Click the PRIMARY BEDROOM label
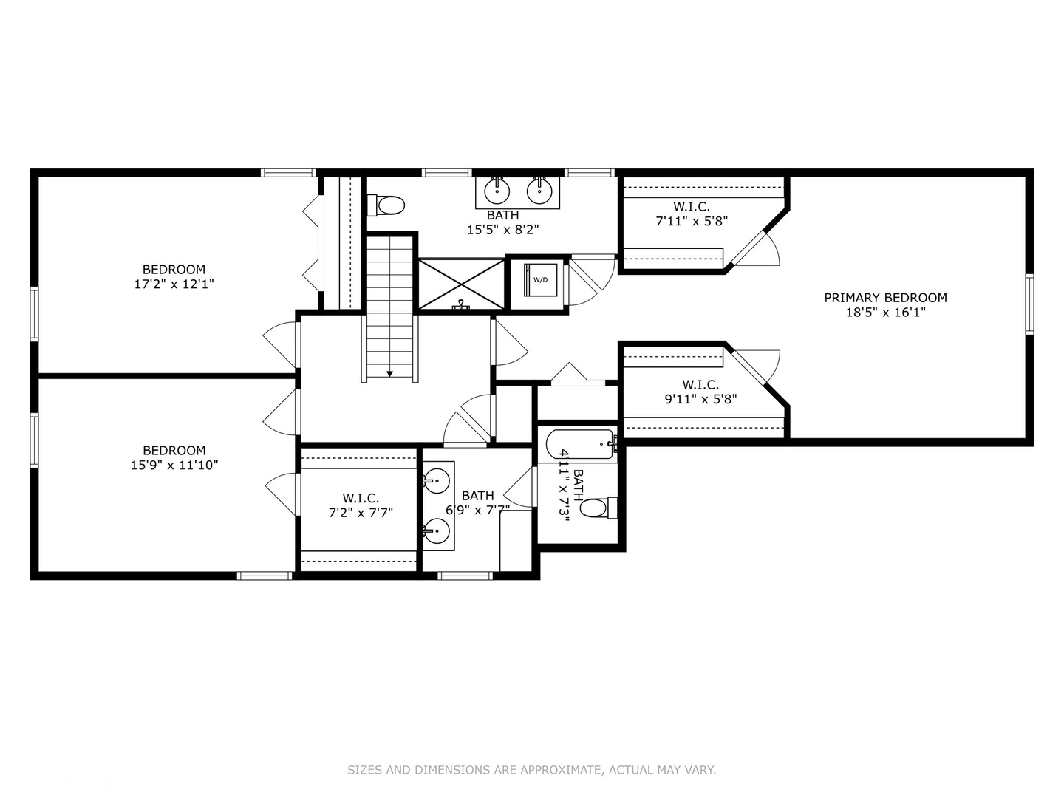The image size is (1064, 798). click(885, 298)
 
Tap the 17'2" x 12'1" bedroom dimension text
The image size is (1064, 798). click(174, 284)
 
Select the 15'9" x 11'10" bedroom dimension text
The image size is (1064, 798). click(174, 465)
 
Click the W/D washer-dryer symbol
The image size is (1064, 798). click(541, 279)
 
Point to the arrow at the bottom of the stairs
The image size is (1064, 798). click(389, 374)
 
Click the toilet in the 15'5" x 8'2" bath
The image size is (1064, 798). click(387, 205)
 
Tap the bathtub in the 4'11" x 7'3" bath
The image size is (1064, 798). click(580, 445)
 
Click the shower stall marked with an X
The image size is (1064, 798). click(462, 284)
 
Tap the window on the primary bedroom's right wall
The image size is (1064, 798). click(1029, 304)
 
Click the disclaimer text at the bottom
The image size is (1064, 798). click(531, 770)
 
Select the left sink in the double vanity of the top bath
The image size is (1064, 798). click(497, 191)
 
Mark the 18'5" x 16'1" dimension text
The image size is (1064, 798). click(885, 313)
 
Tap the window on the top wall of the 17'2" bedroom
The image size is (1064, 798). click(288, 173)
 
